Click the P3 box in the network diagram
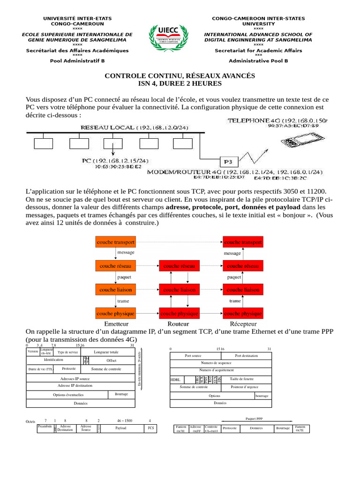coord(228,162)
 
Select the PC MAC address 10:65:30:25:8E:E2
coord(118,166)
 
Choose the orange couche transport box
coord(115,242)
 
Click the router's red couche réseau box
coord(179,266)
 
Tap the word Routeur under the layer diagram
coord(178,324)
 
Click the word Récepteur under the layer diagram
coord(243,324)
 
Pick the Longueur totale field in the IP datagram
coord(106,352)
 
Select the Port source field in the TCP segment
coord(193,356)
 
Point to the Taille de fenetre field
coord(242,379)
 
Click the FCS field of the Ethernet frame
coord(150,428)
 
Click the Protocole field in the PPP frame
coord(230,428)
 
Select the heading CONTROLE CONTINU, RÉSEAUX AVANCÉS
coord(180,75)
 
